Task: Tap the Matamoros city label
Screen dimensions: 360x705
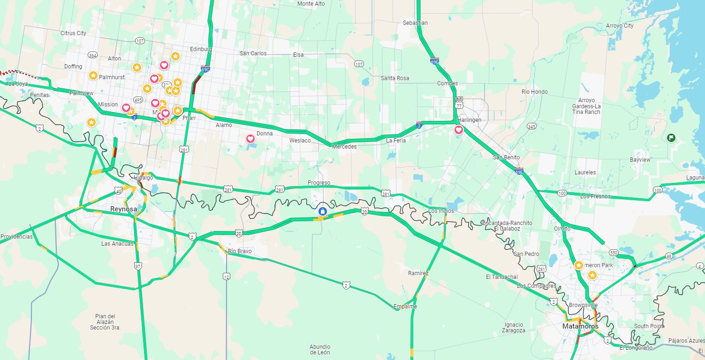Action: (x=581, y=326)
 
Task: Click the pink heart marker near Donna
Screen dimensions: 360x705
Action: (x=250, y=139)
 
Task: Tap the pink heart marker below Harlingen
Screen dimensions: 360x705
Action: (x=459, y=130)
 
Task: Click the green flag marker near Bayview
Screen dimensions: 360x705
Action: (x=671, y=137)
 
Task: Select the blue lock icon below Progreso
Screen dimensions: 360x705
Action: (x=323, y=211)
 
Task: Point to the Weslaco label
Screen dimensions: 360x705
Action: (x=300, y=141)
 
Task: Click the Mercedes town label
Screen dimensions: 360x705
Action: (x=344, y=147)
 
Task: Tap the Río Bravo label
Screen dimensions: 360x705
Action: (x=240, y=251)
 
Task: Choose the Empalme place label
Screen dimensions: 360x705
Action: (x=405, y=307)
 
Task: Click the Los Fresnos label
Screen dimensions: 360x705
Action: (x=595, y=196)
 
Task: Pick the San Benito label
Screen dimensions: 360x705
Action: (x=506, y=157)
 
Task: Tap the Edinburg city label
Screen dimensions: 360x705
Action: (x=201, y=49)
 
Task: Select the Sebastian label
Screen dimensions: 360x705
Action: (x=415, y=23)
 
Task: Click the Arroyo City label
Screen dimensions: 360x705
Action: (x=620, y=26)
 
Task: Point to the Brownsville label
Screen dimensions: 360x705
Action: (x=583, y=305)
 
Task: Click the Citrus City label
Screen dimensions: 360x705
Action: (x=73, y=33)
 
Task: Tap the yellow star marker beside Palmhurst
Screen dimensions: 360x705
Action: (x=93, y=75)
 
